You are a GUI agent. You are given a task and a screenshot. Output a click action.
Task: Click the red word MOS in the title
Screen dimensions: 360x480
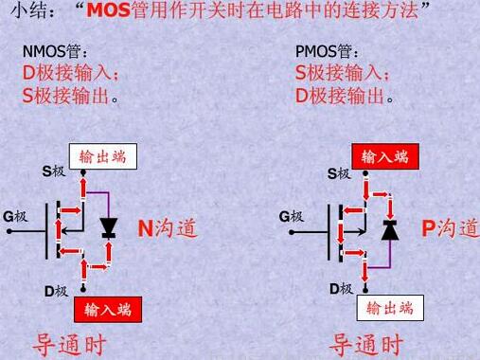pyautogui.click(x=114, y=12)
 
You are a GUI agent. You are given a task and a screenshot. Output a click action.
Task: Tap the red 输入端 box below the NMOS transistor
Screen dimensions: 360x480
pyautogui.click(x=107, y=309)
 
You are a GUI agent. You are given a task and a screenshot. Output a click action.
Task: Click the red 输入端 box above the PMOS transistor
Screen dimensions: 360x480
pyautogui.click(x=386, y=154)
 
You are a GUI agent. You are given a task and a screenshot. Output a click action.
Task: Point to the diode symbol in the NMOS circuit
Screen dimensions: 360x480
pyautogui.click(x=108, y=227)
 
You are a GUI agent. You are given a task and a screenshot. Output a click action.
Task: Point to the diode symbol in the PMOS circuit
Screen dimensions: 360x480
pyautogui.click(x=388, y=228)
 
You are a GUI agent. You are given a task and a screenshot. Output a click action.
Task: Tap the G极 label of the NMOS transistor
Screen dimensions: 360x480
pyautogui.click(x=15, y=216)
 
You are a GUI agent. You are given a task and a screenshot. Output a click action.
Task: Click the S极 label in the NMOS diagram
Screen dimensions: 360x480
pyautogui.click(x=54, y=171)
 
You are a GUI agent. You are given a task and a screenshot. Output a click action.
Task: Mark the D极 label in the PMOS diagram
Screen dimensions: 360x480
pyautogui.click(x=341, y=288)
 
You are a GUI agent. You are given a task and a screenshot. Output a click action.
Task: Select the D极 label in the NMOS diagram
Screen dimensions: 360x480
pyautogui.click(x=56, y=291)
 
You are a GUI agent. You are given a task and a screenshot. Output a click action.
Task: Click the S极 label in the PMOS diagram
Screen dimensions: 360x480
pyautogui.click(x=339, y=173)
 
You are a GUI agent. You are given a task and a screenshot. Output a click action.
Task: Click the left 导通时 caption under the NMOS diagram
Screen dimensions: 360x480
pyautogui.click(x=70, y=343)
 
